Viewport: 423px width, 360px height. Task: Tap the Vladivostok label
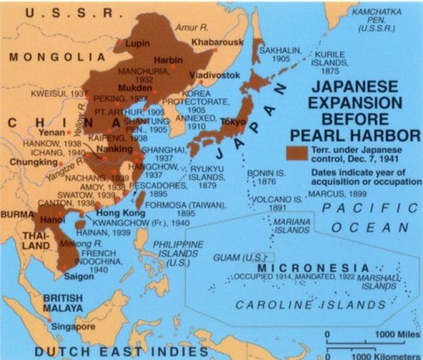point(211,75)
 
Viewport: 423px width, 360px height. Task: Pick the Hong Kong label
point(116,212)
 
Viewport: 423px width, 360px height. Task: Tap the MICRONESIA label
point(313,269)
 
